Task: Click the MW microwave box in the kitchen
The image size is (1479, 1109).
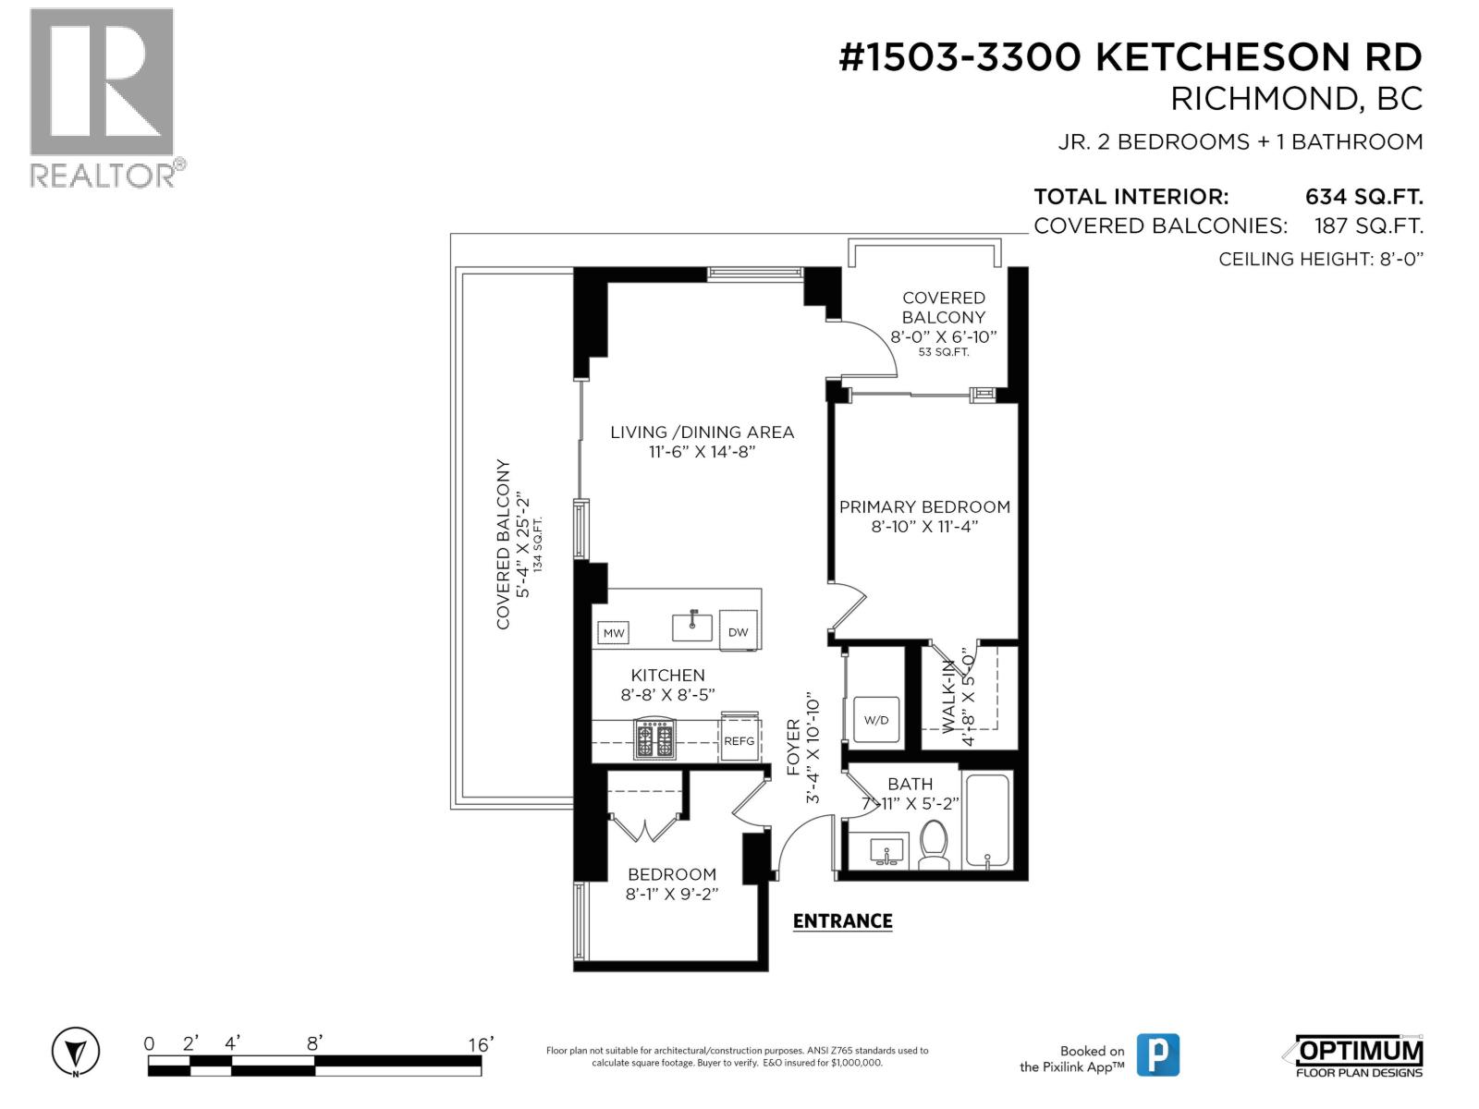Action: (614, 633)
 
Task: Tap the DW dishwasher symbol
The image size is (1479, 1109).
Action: (738, 632)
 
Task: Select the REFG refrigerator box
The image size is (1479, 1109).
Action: (739, 740)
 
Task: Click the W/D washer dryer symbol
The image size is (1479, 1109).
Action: (876, 720)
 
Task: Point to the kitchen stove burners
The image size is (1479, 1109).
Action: (654, 739)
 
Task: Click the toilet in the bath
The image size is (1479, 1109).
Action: (934, 845)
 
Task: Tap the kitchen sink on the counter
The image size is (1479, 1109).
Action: (692, 627)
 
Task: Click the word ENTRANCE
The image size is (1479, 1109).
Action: (842, 920)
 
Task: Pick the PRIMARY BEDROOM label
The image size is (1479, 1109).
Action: (924, 506)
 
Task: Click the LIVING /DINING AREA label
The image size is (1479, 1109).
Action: (702, 432)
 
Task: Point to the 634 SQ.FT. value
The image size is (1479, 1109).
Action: (1363, 197)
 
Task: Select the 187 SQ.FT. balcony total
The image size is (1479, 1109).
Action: (1368, 226)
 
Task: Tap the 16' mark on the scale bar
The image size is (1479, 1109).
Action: (481, 1044)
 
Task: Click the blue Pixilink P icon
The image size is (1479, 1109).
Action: (1157, 1054)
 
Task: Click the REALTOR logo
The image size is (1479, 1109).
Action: (104, 97)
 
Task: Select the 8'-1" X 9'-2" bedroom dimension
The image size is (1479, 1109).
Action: (672, 894)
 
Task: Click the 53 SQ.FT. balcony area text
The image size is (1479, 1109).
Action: (944, 352)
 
